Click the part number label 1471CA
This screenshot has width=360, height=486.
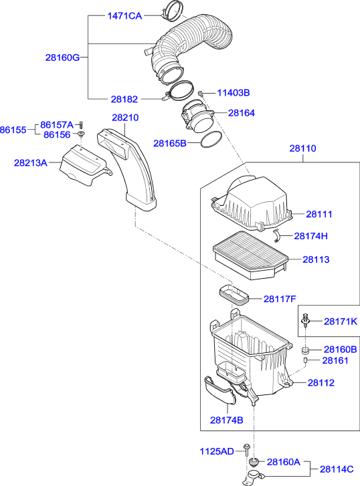click(125, 16)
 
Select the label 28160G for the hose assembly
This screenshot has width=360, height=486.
click(62, 57)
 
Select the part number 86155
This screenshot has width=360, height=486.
click(13, 130)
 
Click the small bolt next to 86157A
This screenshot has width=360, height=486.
click(80, 124)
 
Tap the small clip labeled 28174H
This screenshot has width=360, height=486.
click(278, 234)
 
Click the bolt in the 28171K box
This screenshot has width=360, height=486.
click(306, 320)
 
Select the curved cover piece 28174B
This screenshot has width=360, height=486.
click(219, 390)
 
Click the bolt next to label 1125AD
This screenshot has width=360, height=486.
click(248, 451)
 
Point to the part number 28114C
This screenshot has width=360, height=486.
click(339, 469)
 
